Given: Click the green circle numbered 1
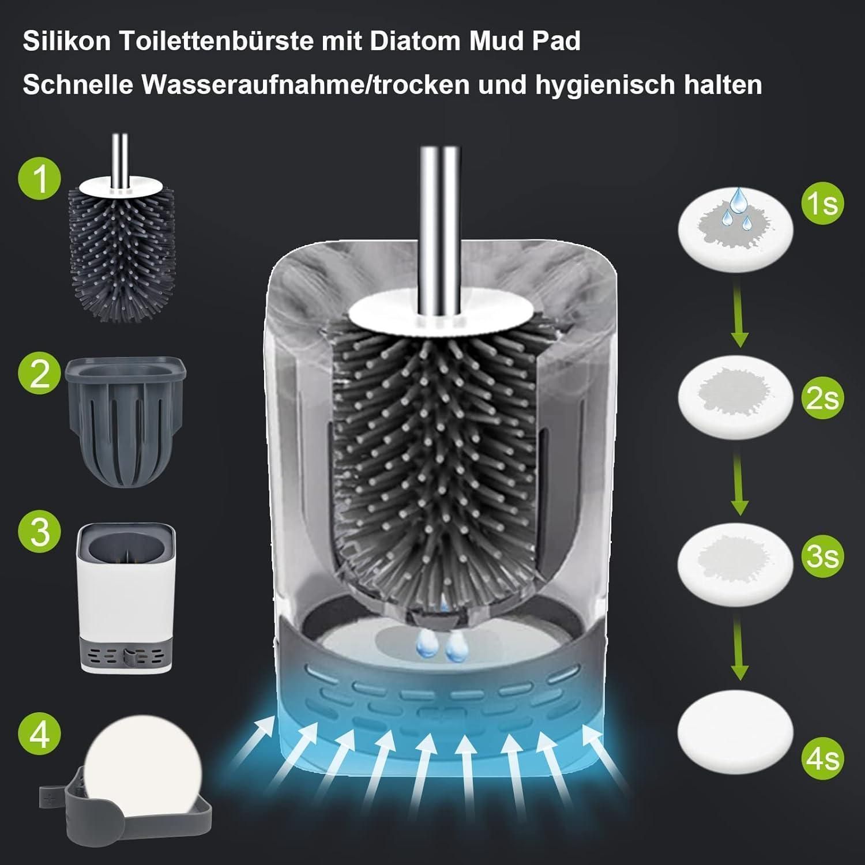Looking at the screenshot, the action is coord(39,180).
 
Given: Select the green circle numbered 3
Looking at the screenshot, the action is coord(39,531).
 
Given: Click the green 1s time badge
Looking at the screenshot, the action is coord(822,204).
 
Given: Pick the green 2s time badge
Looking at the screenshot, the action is coord(822,398).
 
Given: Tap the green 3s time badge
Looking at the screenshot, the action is coord(822,556).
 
